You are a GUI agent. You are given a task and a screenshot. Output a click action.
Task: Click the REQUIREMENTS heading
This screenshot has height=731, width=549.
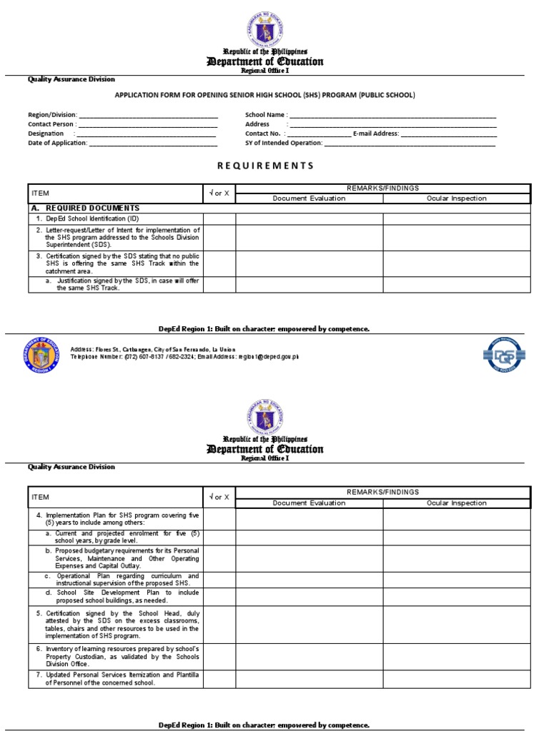click(x=265, y=166)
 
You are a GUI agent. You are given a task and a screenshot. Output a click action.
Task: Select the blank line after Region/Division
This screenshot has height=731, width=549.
click(x=148, y=115)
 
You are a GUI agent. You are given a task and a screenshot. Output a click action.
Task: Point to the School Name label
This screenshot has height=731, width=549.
click(x=266, y=115)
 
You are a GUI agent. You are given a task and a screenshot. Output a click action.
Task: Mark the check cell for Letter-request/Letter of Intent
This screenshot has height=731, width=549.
click(x=219, y=237)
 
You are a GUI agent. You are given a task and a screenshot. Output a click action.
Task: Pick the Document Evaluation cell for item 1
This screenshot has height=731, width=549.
click(x=309, y=218)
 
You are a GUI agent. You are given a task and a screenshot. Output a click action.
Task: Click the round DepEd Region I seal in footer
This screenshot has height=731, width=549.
click(x=43, y=353)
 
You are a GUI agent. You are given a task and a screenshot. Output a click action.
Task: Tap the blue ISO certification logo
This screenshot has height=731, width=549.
click(x=505, y=354)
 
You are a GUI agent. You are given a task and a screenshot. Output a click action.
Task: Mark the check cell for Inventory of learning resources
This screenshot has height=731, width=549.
click(x=219, y=655)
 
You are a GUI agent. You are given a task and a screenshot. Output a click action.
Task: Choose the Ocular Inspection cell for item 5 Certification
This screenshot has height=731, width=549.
click(x=456, y=624)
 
